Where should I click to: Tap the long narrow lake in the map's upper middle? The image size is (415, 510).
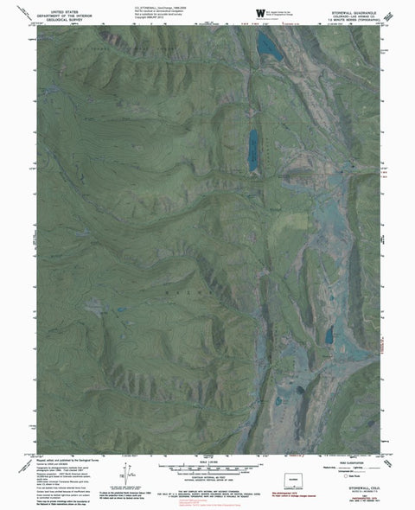(x=252, y=150)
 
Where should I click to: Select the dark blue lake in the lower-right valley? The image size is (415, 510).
(x=329, y=335)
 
